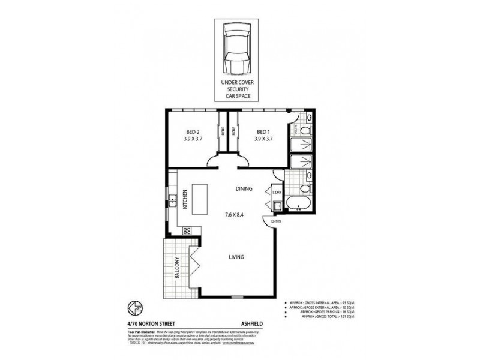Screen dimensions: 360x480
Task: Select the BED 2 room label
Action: pyautogui.click(x=192, y=136)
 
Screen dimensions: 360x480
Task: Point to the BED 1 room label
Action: pyautogui.click(x=264, y=136)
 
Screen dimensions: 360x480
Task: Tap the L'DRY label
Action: pyautogui.click(x=277, y=192)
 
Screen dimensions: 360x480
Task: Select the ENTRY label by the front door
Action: pyautogui.click(x=277, y=221)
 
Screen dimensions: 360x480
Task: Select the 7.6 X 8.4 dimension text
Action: pyautogui.click(x=235, y=214)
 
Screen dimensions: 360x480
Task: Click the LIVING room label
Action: pyautogui.click(x=236, y=257)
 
